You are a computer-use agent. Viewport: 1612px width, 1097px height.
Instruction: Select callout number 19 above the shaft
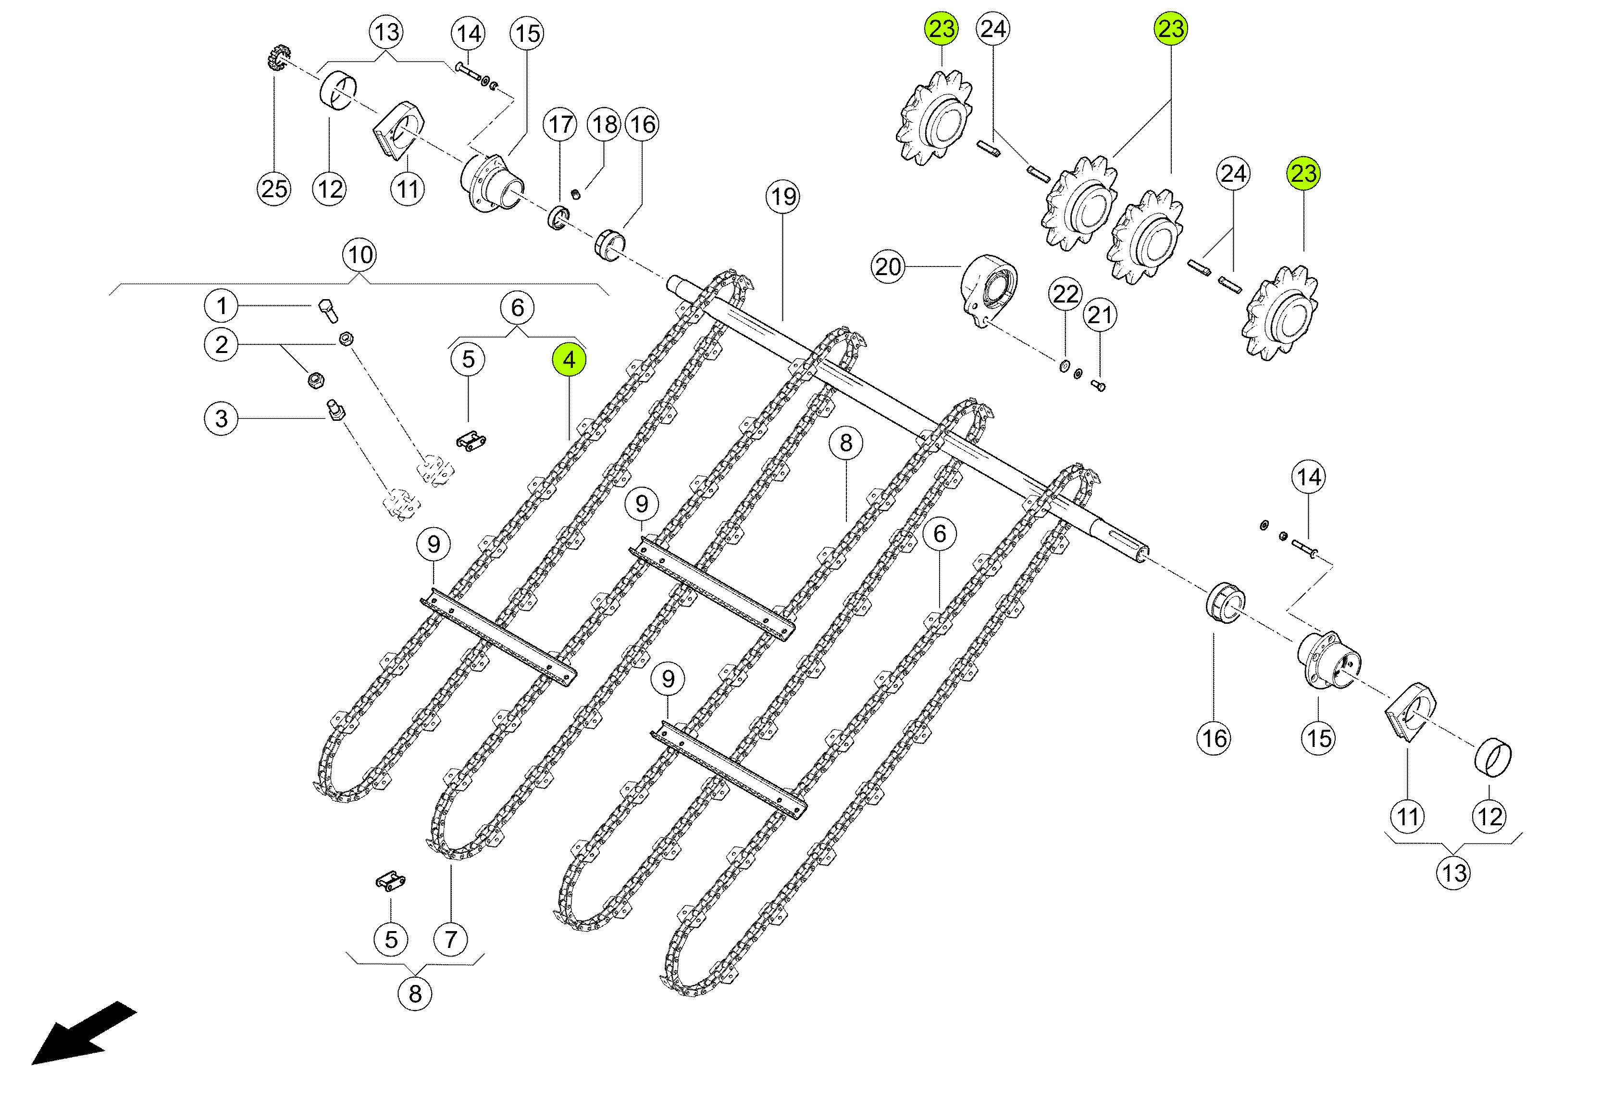click(x=783, y=197)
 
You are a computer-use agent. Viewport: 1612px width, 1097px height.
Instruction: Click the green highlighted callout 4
click(x=569, y=360)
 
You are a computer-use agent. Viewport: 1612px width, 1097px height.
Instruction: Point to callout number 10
click(x=360, y=255)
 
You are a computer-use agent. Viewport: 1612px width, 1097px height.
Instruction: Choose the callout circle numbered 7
click(x=451, y=939)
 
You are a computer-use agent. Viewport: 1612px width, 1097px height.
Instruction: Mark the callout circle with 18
click(x=605, y=125)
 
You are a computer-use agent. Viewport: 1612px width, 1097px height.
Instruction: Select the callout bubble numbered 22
click(x=1066, y=294)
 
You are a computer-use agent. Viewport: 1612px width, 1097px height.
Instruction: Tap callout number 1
click(x=221, y=306)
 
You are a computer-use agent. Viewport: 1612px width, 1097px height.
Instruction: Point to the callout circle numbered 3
click(x=221, y=419)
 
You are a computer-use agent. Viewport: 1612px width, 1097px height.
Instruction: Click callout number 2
click(x=221, y=345)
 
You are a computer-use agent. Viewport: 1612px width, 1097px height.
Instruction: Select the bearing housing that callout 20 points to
click(x=989, y=290)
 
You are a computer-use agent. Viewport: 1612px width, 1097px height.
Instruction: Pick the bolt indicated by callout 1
click(x=327, y=310)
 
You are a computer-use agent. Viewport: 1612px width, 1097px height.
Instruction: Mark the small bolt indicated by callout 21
click(x=1098, y=385)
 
